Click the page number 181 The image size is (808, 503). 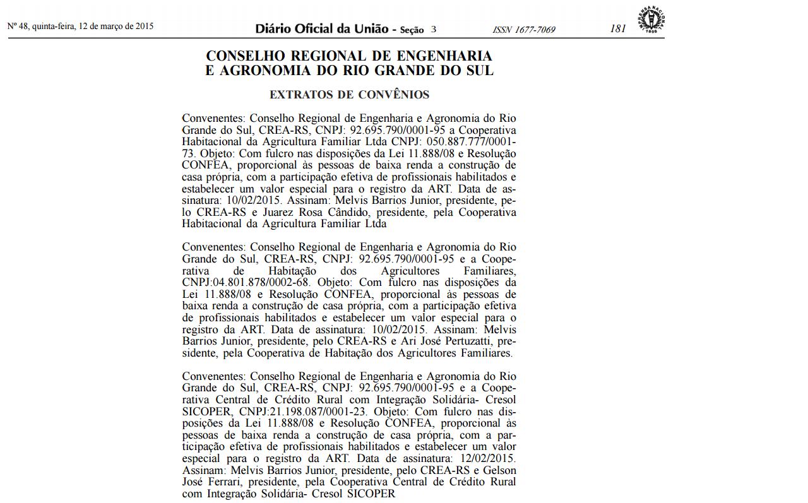coord(618,28)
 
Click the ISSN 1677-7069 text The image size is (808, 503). coord(524,30)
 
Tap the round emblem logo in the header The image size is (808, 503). coord(651,19)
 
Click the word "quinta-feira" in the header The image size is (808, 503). coord(52,27)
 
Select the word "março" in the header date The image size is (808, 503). coord(117,27)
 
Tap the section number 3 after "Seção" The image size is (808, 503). coord(434,29)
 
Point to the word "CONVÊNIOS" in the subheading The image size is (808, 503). coord(394,95)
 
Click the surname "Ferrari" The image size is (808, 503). coord(226,482)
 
